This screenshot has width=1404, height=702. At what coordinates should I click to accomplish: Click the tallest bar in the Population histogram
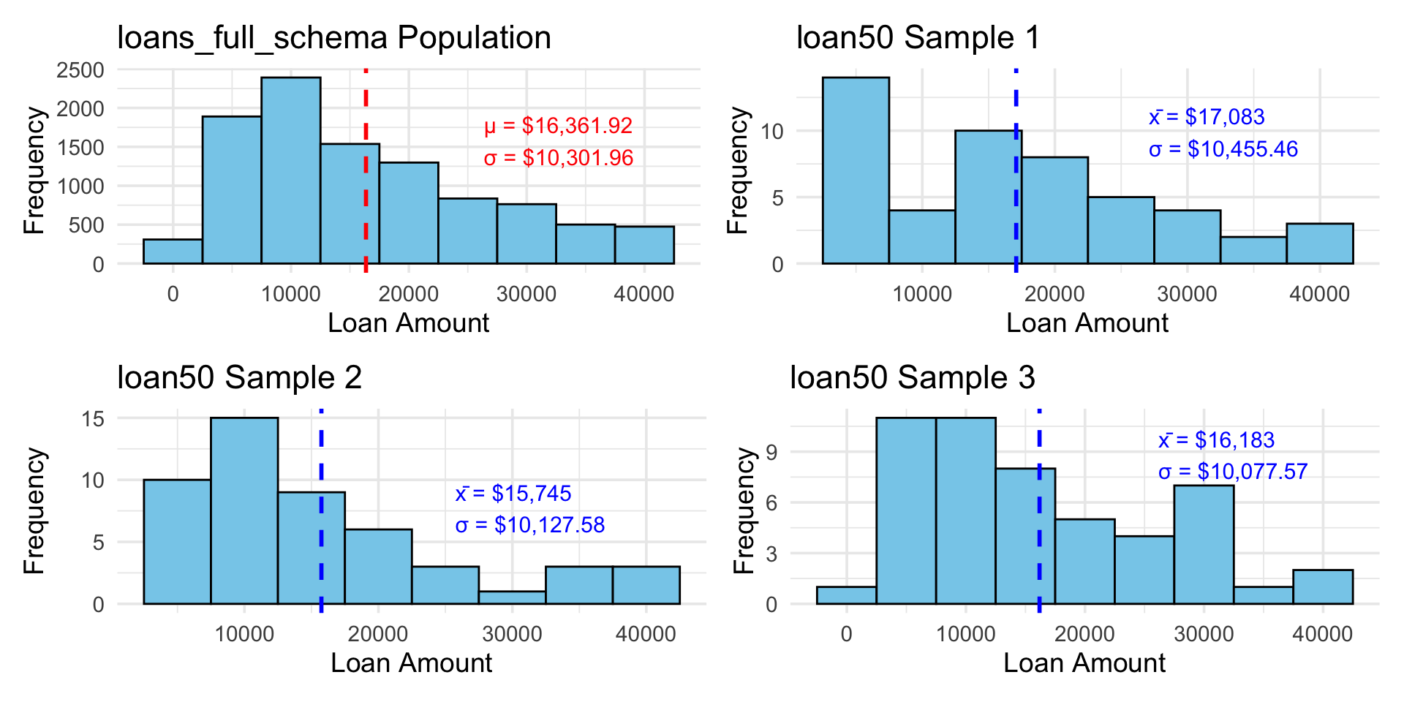(290, 170)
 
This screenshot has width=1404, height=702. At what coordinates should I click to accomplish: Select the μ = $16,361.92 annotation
(558, 126)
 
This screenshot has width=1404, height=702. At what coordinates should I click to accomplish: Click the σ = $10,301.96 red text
(559, 158)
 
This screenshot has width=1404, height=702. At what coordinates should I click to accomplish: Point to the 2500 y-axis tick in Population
(80, 70)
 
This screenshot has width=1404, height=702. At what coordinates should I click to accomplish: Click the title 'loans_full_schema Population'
(333, 38)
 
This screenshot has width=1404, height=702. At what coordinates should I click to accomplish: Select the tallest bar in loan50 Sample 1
(856, 170)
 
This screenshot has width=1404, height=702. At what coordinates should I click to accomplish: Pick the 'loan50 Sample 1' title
(918, 38)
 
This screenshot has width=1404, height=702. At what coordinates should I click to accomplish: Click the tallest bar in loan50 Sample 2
(244, 510)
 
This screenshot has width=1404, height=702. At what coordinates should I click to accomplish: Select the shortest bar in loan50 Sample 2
(512, 597)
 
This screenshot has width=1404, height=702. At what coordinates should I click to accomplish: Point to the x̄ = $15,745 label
(513, 494)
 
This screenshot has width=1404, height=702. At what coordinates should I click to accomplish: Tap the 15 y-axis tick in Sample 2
(94, 419)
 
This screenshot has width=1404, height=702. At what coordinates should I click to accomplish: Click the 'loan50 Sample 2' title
(240, 378)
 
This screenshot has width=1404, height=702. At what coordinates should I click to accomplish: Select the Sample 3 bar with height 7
(1204, 544)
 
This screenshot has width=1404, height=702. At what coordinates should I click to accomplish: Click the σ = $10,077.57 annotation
(1233, 472)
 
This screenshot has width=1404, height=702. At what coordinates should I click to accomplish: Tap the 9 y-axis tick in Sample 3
(772, 453)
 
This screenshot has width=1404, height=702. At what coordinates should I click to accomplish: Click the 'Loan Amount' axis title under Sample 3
(1084, 663)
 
